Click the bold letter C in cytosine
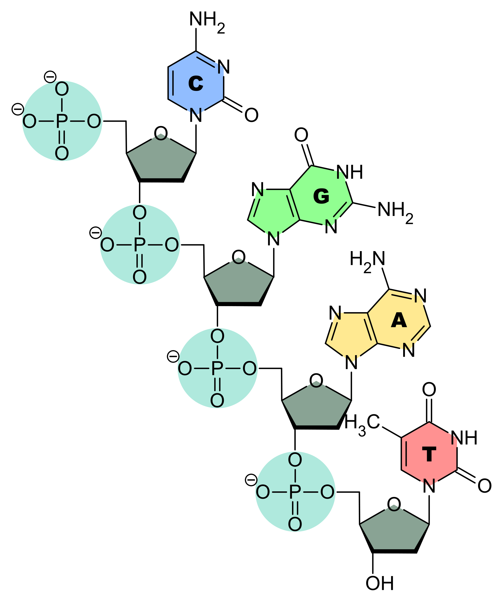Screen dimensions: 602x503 (x=196, y=83)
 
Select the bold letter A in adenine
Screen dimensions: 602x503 (x=399, y=320)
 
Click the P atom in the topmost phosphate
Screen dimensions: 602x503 (x=62, y=121)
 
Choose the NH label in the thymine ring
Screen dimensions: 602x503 (x=464, y=437)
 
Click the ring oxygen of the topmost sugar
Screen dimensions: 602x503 (x=161, y=133)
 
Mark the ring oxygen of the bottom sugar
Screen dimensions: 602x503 (x=394, y=504)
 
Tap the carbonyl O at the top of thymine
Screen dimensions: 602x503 (x=429, y=390)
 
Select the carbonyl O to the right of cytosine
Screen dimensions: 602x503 (x=251, y=115)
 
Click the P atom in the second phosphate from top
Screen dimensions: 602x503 (x=139, y=245)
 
